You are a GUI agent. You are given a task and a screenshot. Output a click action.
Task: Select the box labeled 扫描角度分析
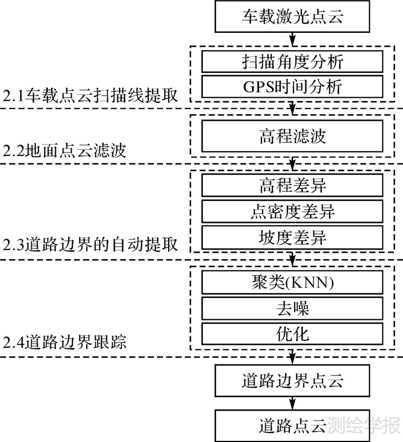[x=292, y=61]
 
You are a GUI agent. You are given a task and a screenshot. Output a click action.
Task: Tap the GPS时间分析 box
[x=292, y=86]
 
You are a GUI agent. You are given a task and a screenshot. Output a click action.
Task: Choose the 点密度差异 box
[x=292, y=211]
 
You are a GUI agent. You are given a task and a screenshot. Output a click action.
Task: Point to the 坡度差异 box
[x=292, y=237]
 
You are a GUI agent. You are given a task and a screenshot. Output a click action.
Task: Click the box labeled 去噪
[x=292, y=308]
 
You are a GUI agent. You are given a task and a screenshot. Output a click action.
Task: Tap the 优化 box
[x=292, y=333]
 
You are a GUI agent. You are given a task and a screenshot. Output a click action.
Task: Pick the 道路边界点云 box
[x=293, y=381]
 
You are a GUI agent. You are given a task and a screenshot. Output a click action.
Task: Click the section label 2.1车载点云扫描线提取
[x=91, y=95]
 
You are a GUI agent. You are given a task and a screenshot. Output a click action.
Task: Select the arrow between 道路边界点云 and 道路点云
[x=293, y=402]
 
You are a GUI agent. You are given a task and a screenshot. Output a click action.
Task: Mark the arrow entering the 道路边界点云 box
[x=293, y=358]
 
